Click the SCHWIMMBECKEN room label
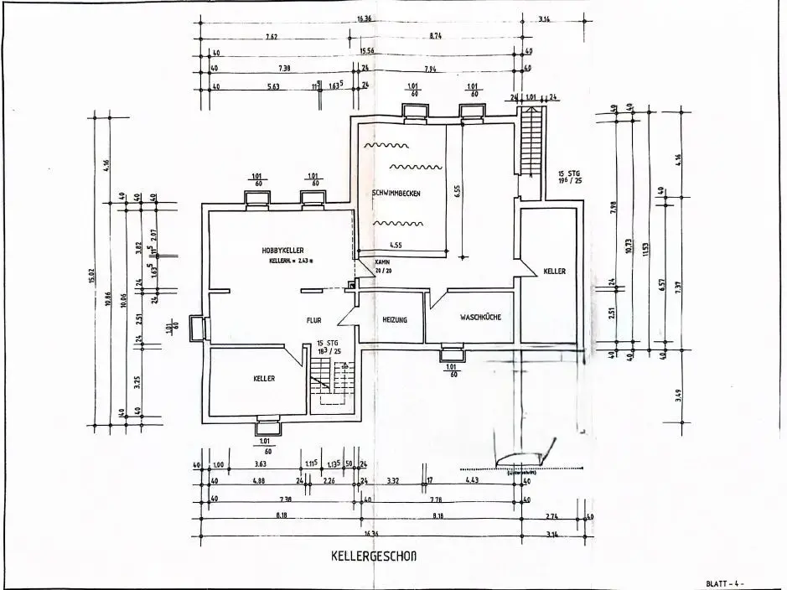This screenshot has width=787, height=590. pyautogui.click(x=396, y=194)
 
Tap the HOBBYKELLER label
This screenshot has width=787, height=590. pyautogui.click(x=282, y=250)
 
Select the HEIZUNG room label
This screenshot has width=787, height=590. pyautogui.click(x=394, y=320)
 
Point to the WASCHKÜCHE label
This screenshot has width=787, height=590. pyautogui.click(x=479, y=318)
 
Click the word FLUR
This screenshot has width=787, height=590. pyautogui.click(x=313, y=319)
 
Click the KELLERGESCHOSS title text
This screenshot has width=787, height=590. pyautogui.click(x=374, y=556)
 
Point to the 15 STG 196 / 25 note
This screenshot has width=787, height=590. pyautogui.click(x=569, y=177)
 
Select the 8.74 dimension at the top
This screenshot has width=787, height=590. pyautogui.click(x=437, y=37)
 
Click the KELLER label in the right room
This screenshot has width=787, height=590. pyautogui.click(x=554, y=272)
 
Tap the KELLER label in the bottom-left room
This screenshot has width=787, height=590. pyautogui.click(x=264, y=379)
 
